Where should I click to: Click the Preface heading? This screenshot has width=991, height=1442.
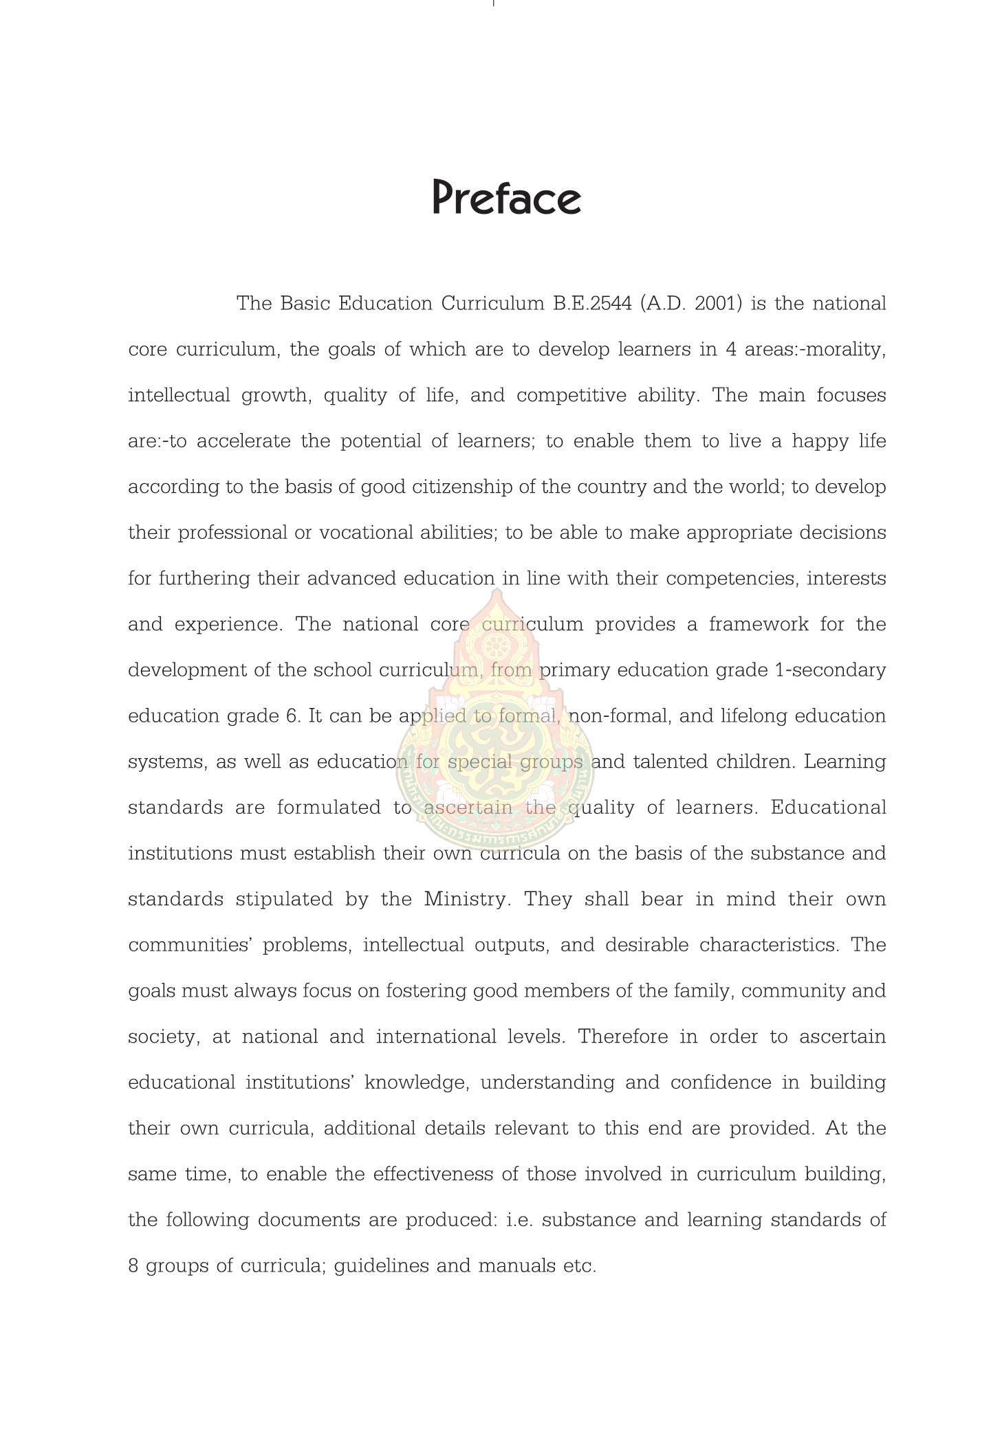[507, 198]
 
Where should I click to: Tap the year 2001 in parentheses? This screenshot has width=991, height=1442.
[719, 304]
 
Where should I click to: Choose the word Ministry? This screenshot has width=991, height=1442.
[467, 900]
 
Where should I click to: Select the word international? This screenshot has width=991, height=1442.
[436, 1037]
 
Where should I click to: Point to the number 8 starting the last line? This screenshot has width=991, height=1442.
[133, 1266]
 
